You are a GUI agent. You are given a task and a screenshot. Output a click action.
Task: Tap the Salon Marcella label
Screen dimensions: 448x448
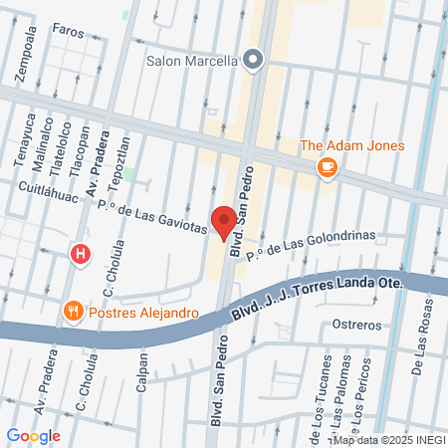191,60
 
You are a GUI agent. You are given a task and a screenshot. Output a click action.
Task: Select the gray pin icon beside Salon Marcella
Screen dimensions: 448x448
253,60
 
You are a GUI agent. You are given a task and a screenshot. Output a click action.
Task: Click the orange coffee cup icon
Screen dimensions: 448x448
326,168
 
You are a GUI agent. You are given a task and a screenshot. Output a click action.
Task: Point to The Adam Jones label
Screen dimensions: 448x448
351,146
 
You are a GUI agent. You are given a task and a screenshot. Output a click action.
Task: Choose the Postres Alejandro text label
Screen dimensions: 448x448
143,312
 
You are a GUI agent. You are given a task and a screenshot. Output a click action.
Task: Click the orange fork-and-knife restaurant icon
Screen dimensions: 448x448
72,312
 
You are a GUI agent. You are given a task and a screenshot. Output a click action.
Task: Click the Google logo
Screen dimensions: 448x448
34,435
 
